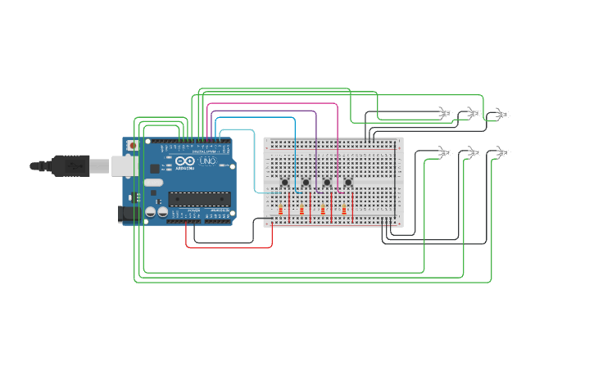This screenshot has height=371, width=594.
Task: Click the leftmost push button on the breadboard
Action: [x=284, y=182]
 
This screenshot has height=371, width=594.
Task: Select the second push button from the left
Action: [x=306, y=182]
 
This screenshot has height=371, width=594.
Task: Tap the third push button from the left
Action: [x=327, y=182]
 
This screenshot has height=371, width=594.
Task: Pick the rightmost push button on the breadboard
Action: [x=348, y=182]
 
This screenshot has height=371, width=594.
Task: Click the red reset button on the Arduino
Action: [x=133, y=145]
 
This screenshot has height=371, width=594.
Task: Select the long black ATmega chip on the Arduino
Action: [x=199, y=198]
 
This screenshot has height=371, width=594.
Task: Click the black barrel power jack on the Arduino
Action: [x=129, y=214]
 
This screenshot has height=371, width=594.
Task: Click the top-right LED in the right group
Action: [x=501, y=114]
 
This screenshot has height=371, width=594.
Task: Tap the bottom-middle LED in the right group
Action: [x=473, y=152]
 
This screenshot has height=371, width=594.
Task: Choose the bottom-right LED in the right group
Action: [x=501, y=152]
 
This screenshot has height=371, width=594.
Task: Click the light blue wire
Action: [x=254, y=156]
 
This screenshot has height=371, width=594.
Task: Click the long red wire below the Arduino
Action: [x=229, y=247]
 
